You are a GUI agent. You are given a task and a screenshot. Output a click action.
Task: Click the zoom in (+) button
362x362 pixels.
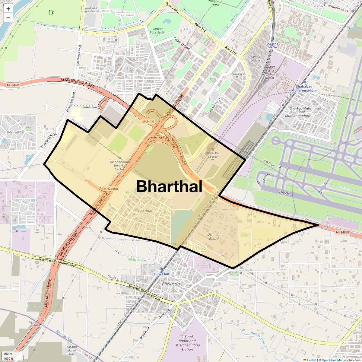[x=8, y=9]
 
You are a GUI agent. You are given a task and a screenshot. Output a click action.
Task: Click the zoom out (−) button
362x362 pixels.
[x=8, y=18]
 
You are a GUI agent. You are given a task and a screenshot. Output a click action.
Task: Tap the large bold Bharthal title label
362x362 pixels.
[x=169, y=186]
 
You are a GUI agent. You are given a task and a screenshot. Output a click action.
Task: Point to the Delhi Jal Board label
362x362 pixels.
[x=214, y=237]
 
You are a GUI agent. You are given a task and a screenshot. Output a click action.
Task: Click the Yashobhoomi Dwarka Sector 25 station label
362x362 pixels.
[x=119, y=167]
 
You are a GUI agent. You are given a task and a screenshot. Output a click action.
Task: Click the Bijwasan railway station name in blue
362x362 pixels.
[x=162, y=274]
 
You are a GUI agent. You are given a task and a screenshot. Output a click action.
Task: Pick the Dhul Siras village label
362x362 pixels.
[x=15, y=132]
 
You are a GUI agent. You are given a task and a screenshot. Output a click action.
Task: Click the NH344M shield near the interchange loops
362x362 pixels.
[x=148, y=122]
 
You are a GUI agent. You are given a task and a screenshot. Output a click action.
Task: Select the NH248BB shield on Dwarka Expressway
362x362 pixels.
[x=111, y=189]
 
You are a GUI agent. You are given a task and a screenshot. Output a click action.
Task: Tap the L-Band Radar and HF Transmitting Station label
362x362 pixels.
[x=187, y=343]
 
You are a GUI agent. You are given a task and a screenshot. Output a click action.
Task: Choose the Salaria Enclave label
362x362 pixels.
[x=255, y=59]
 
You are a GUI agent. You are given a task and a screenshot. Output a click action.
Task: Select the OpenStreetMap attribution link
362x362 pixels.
[x=332, y=360]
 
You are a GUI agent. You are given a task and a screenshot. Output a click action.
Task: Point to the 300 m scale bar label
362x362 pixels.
[x=8, y=354]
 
